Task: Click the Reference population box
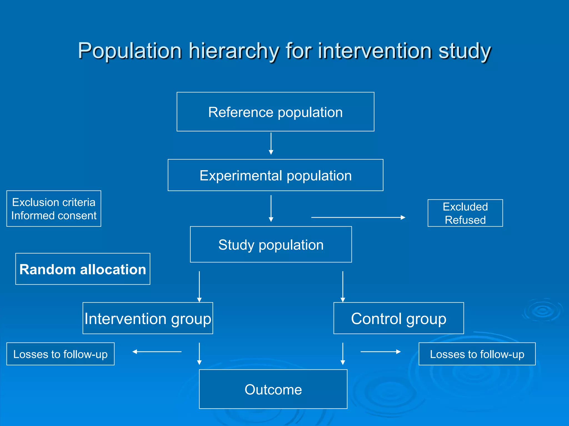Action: pos(275,112)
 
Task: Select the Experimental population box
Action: pos(275,175)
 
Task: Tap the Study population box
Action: pos(271,244)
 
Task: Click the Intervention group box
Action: pos(148,318)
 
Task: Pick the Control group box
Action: pos(398,318)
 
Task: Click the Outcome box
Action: pos(273,389)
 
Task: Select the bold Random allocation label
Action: pos(83,269)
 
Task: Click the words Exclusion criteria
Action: pos(54,202)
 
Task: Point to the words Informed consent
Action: pos(54,215)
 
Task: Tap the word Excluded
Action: pos(465,207)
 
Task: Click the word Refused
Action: pos(465,220)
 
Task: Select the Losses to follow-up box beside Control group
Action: pos(477,354)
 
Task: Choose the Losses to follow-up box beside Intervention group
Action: pos(60,354)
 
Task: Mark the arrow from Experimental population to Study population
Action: pos(271,208)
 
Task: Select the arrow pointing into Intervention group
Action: pos(199,286)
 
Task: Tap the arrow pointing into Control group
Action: pos(343,286)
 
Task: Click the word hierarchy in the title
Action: pos(234,51)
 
